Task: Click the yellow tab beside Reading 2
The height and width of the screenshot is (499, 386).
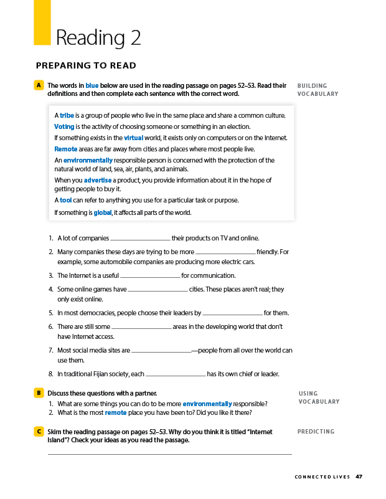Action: pyautogui.click(x=42, y=22)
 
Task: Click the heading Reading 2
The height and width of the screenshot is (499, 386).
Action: pyautogui.click(x=98, y=38)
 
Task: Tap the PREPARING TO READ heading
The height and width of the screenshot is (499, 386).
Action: pyautogui.click(x=86, y=65)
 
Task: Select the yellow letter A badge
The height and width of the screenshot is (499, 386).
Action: pyautogui.click(x=39, y=85)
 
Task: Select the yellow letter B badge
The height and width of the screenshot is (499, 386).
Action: pyautogui.click(x=39, y=393)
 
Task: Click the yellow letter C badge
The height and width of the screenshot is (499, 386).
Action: pyautogui.click(x=39, y=431)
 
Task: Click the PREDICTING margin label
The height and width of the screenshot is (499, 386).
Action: pyautogui.click(x=316, y=431)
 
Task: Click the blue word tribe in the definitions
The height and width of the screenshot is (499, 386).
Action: pyautogui.click(x=67, y=115)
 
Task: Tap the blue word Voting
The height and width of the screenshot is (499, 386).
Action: pyautogui.click(x=64, y=126)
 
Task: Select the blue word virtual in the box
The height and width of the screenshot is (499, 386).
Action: pyautogui.click(x=134, y=138)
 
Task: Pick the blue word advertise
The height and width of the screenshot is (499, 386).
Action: pyautogui.click(x=98, y=180)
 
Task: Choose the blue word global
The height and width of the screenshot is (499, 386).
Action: pyautogui.click(x=102, y=212)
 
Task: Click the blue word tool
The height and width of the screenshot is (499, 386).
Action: pyautogui.click(x=65, y=200)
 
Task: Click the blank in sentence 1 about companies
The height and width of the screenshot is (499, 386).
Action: pyautogui.click(x=139, y=239)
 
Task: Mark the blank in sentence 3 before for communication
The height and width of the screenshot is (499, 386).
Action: pyautogui.click(x=149, y=277)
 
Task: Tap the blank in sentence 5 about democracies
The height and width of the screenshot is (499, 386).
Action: pyautogui.click(x=232, y=314)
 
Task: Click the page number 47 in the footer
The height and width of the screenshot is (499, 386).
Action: pyautogui.click(x=359, y=477)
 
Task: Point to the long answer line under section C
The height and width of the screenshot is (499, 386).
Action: pyautogui.click(x=169, y=454)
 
